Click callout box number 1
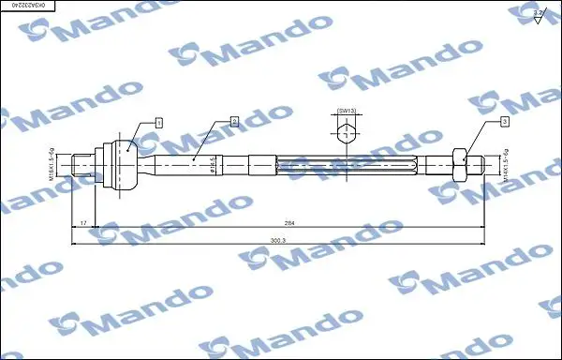click(x=159, y=122)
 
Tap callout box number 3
click(x=504, y=122)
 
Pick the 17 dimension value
click(x=83, y=222)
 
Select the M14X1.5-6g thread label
click(x=505, y=165)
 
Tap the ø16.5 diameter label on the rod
click(x=214, y=165)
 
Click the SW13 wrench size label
click(x=347, y=111)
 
